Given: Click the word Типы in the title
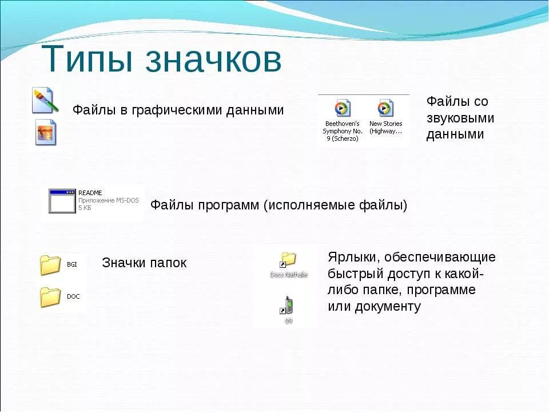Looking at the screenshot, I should tap(88, 60).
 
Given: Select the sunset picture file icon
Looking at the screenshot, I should tap(45, 132).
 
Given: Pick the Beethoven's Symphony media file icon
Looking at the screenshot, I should tap(342, 108).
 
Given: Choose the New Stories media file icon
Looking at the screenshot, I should tap(385, 108).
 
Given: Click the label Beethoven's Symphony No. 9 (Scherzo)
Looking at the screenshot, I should tap(342, 131).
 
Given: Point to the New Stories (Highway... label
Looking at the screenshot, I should tap(385, 127).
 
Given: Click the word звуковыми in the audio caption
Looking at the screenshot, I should tap(460, 118).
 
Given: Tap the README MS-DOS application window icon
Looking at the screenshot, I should tap(62, 201).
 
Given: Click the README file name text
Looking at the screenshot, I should tap(90, 193).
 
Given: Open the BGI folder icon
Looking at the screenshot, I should tap(50, 265).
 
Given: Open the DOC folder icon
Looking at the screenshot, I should tap(50, 297).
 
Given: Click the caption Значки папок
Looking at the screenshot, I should tap(144, 263).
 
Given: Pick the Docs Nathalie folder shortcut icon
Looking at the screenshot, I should tap(288, 260).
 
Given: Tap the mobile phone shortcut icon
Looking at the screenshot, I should tap(288, 306).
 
